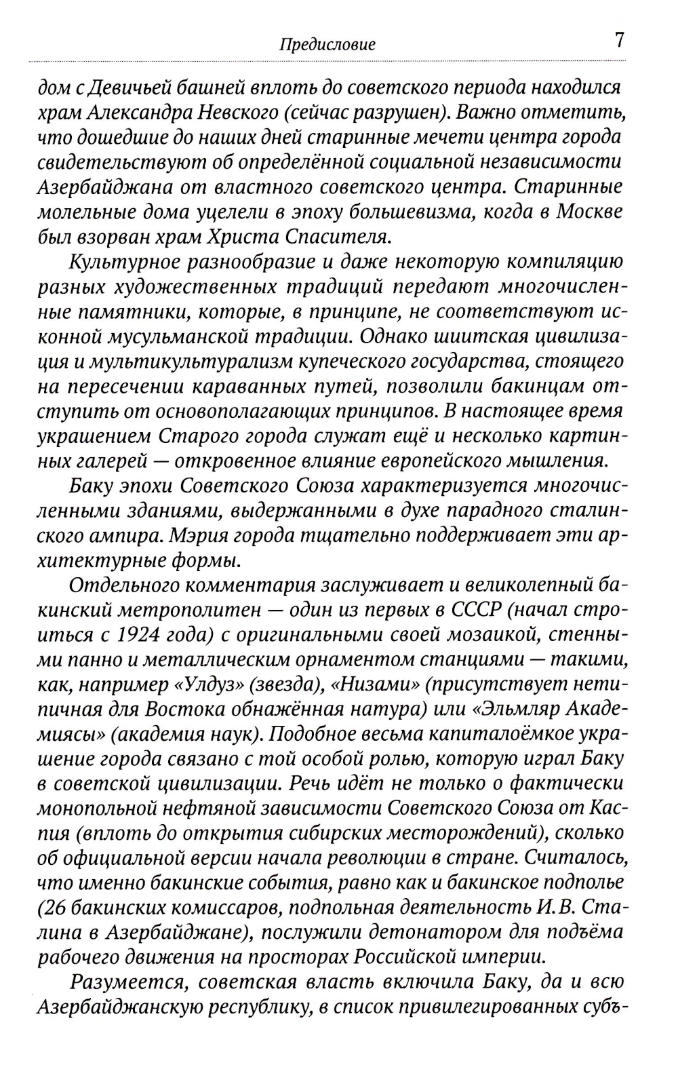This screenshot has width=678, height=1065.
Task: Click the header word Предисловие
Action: (327, 45)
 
